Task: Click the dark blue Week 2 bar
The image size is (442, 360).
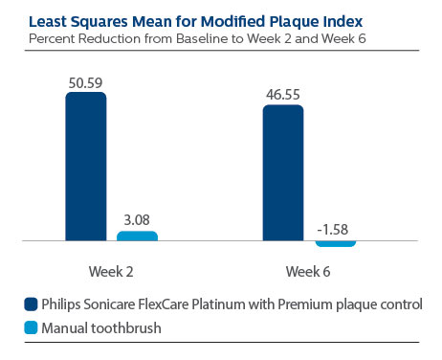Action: [85, 166]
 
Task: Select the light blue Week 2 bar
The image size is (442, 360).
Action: [137, 236]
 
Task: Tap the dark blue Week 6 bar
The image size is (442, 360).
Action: [282, 172]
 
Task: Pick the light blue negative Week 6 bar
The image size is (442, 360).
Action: [335, 243]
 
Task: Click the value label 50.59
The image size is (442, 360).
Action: [85, 82]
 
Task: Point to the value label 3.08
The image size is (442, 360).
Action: [137, 221]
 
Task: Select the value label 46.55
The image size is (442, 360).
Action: [282, 96]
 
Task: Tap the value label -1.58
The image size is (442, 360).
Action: [335, 228]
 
